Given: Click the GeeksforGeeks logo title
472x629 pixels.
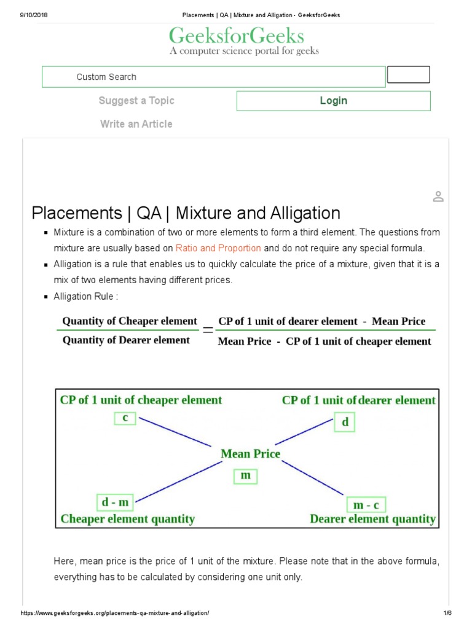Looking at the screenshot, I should pyautogui.click(x=236, y=36).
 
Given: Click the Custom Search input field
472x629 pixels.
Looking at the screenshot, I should pyautogui.click(x=213, y=77).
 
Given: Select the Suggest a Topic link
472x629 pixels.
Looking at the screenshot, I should pyautogui.click(x=136, y=101).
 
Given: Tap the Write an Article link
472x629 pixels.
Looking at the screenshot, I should pyautogui.click(x=136, y=124).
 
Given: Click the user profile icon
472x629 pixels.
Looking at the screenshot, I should pyautogui.click(x=438, y=197).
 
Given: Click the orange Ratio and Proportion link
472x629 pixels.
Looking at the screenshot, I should pyautogui.click(x=218, y=248).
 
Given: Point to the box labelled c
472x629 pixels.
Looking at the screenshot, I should pyautogui.click(x=125, y=418).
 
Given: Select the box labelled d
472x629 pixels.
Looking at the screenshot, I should pyautogui.click(x=345, y=423).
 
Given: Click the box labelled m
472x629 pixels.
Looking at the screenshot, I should pyautogui.click(x=245, y=476).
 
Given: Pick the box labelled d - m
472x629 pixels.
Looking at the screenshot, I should pyautogui.click(x=115, y=502).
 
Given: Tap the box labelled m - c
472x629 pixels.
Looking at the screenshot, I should pyautogui.click(x=367, y=505).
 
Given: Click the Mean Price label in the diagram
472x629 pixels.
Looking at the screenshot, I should pyautogui.click(x=250, y=454).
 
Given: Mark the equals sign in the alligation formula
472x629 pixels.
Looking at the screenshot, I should pyautogui.click(x=208, y=330).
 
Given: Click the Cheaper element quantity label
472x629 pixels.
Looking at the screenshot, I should pyautogui.click(x=127, y=519).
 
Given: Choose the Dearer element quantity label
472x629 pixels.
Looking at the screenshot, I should pyautogui.click(x=372, y=519).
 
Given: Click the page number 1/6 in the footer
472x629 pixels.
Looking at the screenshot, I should pyautogui.click(x=447, y=613).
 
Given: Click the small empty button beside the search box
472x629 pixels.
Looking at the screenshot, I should pyautogui.click(x=408, y=75).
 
